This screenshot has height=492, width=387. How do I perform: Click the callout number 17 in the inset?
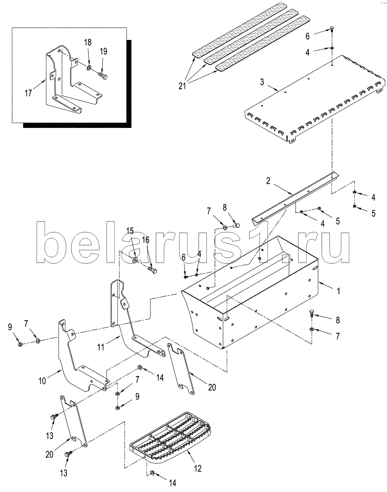(28, 93)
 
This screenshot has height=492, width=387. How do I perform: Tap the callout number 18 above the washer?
(88, 42)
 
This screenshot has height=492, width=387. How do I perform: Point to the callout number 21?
(182, 86)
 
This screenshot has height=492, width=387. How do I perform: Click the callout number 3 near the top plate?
(262, 82)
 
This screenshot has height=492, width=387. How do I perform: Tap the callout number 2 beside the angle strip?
(268, 181)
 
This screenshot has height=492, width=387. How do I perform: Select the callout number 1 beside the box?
(338, 291)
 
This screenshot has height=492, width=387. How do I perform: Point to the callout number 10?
(42, 381)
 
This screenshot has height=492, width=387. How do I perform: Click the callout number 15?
(130, 231)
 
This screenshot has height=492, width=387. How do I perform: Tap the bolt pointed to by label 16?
(152, 271)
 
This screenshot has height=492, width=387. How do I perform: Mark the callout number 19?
(104, 51)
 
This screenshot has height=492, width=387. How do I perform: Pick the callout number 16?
(146, 240)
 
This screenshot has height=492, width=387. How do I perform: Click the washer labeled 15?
(135, 260)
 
